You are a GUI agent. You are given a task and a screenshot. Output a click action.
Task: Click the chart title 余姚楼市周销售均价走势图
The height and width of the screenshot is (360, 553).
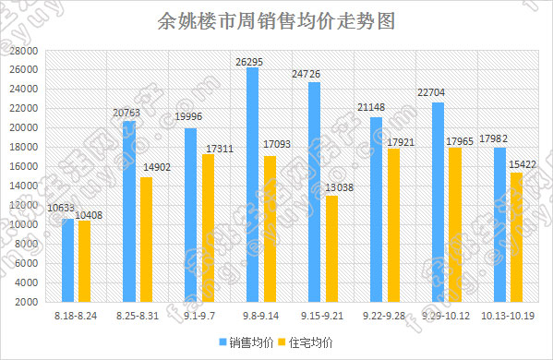276,21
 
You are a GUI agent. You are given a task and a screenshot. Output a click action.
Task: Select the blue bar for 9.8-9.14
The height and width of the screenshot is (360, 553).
252,185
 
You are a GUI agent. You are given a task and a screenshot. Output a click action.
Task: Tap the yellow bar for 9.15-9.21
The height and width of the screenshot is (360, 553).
331,248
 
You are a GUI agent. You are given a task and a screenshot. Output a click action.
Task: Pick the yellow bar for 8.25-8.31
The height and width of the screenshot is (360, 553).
146,239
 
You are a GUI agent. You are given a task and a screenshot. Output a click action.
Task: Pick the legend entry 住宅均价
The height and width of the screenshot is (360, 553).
309,342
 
